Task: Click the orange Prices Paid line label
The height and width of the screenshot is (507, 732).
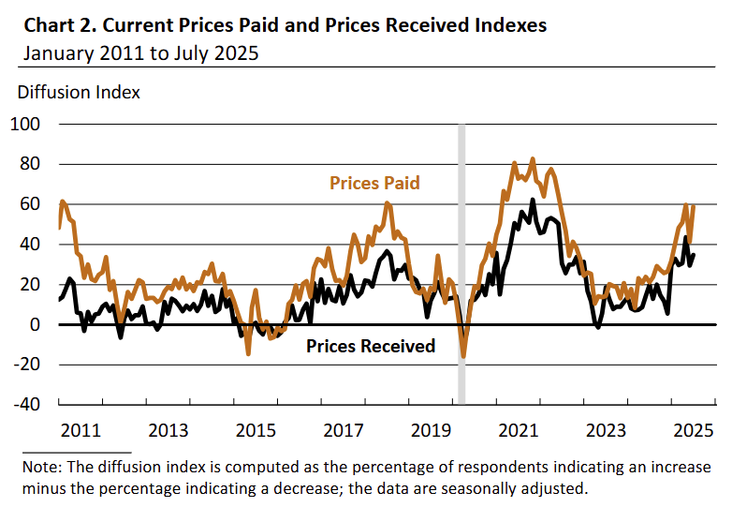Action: [374, 184]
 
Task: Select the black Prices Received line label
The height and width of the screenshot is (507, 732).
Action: [371, 347]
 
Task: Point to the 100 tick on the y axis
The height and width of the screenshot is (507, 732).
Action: [26, 124]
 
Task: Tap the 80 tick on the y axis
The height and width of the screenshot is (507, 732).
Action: [30, 164]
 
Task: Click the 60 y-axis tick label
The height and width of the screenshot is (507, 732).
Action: [30, 204]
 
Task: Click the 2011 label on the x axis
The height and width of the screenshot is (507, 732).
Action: [81, 431]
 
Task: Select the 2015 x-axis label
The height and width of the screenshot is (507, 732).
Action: [256, 431]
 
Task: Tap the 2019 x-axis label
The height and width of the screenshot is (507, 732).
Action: [432, 431]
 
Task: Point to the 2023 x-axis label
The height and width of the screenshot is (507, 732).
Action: [607, 431]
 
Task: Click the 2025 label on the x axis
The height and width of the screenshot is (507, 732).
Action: [695, 431]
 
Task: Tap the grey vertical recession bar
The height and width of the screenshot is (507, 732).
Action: [461, 262]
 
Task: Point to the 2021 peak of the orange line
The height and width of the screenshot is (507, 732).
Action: [533, 159]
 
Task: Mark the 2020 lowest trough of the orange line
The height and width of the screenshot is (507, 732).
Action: [463, 356]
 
